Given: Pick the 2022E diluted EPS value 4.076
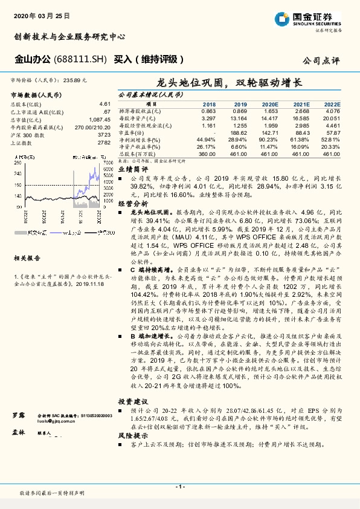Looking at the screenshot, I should [x=333, y=111].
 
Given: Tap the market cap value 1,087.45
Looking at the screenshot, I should [x=100, y=120].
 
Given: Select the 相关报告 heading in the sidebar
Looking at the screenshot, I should [x=27, y=258].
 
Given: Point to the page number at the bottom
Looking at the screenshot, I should [x=180, y=487].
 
